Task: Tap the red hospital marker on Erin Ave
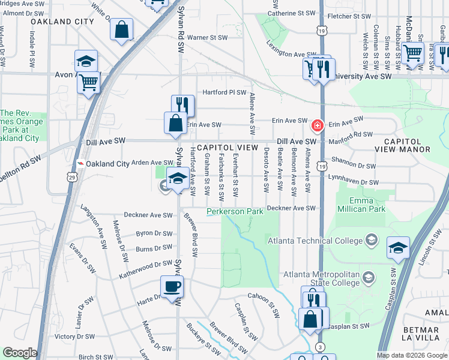click(x=316, y=126)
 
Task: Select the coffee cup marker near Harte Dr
click(x=173, y=286)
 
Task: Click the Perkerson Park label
click(x=235, y=212)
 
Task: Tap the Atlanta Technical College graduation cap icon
click(x=372, y=241)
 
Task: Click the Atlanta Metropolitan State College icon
click(x=369, y=277)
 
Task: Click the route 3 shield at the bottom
click(x=321, y=347)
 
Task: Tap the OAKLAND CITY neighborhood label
click(x=62, y=21)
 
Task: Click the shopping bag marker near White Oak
click(x=121, y=29)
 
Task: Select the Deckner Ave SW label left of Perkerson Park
click(x=148, y=215)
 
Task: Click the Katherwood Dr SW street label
click(x=145, y=263)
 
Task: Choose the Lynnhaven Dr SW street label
click(x=354, y=182)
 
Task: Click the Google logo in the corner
click(x=20, y=353)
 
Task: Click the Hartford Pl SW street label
click(x=224, y=92)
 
